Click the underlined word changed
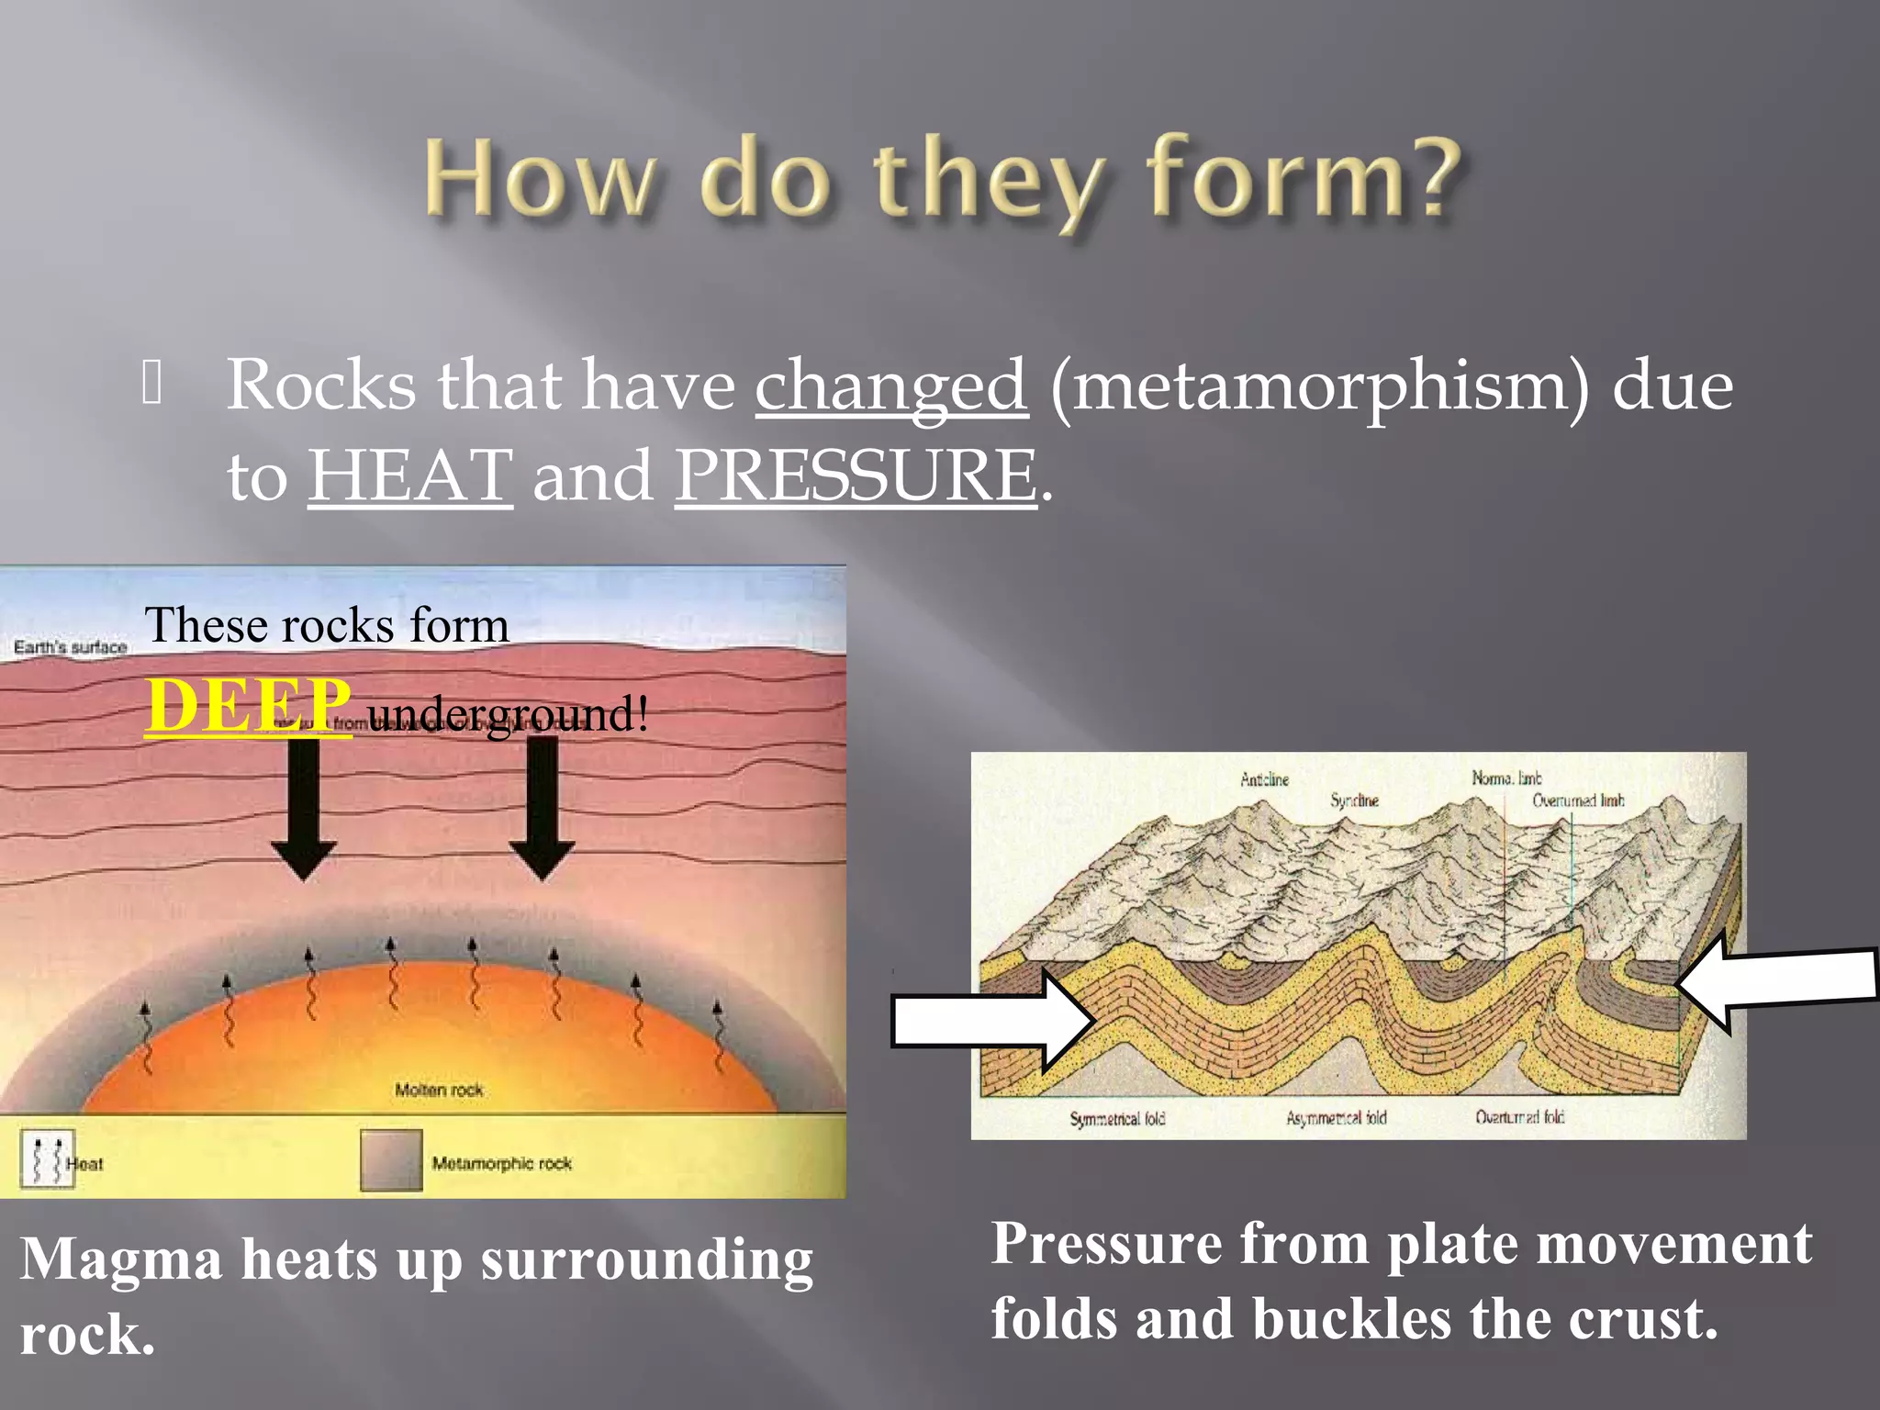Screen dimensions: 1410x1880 pos(890,386)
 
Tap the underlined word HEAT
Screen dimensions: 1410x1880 pos(409,476)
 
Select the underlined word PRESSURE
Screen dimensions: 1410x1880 pos(856,476)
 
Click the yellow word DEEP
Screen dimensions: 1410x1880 pos(248,705)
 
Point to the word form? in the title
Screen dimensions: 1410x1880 pos(1304,179)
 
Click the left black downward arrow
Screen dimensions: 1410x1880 pos(304,808)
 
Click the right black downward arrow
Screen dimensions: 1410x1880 pos(543,808)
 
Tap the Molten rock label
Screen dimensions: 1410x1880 pos(439,1090)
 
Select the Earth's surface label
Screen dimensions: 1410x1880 pos(70,647)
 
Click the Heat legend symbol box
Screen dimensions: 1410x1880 pos(47,1160)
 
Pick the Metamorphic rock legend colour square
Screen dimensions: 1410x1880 pos(391,1160)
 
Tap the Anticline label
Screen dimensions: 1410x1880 pos(1264,779)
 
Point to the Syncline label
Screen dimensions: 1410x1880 pos(1354,800)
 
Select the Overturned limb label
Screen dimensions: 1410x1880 pos(1577,800)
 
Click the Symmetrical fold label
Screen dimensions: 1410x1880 pos(1117,1118)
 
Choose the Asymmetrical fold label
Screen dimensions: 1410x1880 pos(1336,1118)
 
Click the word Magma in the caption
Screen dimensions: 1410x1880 pos(121,1259)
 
